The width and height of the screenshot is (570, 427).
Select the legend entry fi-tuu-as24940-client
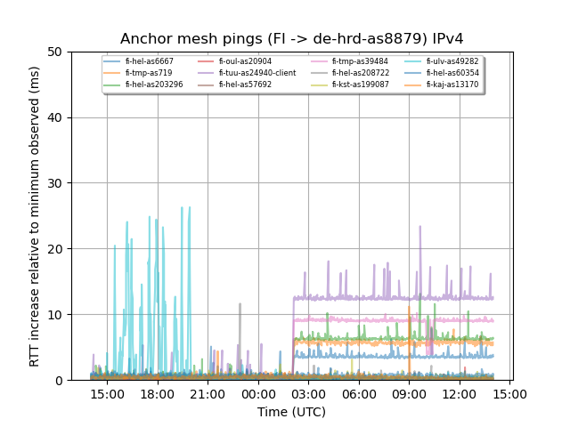point(256,73)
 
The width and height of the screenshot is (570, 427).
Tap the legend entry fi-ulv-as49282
point(452,61)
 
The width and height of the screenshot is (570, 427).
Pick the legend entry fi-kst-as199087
point(360,85)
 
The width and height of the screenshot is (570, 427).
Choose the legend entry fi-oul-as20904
point(245,61)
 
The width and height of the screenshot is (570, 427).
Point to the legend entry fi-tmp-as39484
point(360,61)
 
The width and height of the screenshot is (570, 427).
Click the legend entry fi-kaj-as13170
point(452,85)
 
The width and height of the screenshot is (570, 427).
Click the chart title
point(292,39)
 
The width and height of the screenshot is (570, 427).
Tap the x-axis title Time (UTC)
point(291,412)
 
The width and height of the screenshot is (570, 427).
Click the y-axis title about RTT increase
point(35,216)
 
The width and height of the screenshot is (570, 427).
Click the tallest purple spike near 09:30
point(419,227)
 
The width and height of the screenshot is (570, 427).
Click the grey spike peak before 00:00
point(240,304)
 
